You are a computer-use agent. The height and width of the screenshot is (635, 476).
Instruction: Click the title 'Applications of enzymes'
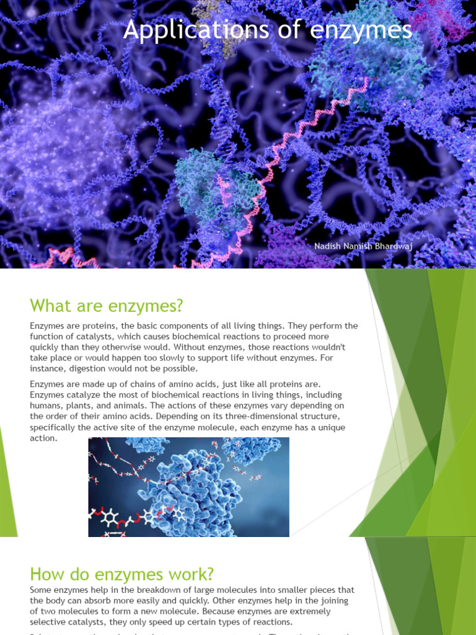pos(267,30)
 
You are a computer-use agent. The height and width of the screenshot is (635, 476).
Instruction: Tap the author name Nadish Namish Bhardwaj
pos(363,247)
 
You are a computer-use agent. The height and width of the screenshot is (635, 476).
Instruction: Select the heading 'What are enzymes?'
pos(107,306)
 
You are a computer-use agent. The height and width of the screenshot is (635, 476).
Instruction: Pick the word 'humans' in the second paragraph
pos(47,406)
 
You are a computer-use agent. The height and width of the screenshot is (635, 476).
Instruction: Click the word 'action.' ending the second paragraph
pos(44,438)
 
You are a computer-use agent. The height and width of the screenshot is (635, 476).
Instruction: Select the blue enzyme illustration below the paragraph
pos(188,487)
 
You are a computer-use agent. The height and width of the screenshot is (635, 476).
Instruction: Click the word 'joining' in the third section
pos(334,600)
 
